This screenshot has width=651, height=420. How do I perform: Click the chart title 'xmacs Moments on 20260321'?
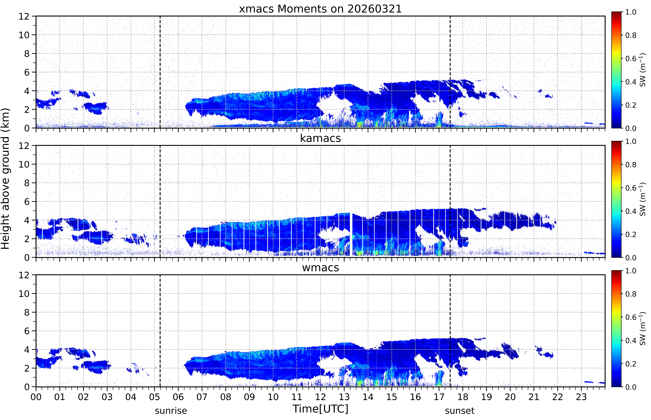320,9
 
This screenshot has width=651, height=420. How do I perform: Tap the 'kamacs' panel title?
320,138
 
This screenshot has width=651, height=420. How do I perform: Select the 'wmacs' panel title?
320,268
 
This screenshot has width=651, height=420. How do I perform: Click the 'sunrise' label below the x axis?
171,410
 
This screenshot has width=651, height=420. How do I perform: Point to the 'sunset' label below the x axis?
460,410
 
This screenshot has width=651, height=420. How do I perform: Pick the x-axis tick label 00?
36,397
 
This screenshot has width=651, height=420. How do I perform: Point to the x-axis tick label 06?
178,397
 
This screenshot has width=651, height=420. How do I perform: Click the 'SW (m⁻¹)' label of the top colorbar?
642,70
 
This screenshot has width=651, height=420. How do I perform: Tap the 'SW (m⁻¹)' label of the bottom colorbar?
642,329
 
